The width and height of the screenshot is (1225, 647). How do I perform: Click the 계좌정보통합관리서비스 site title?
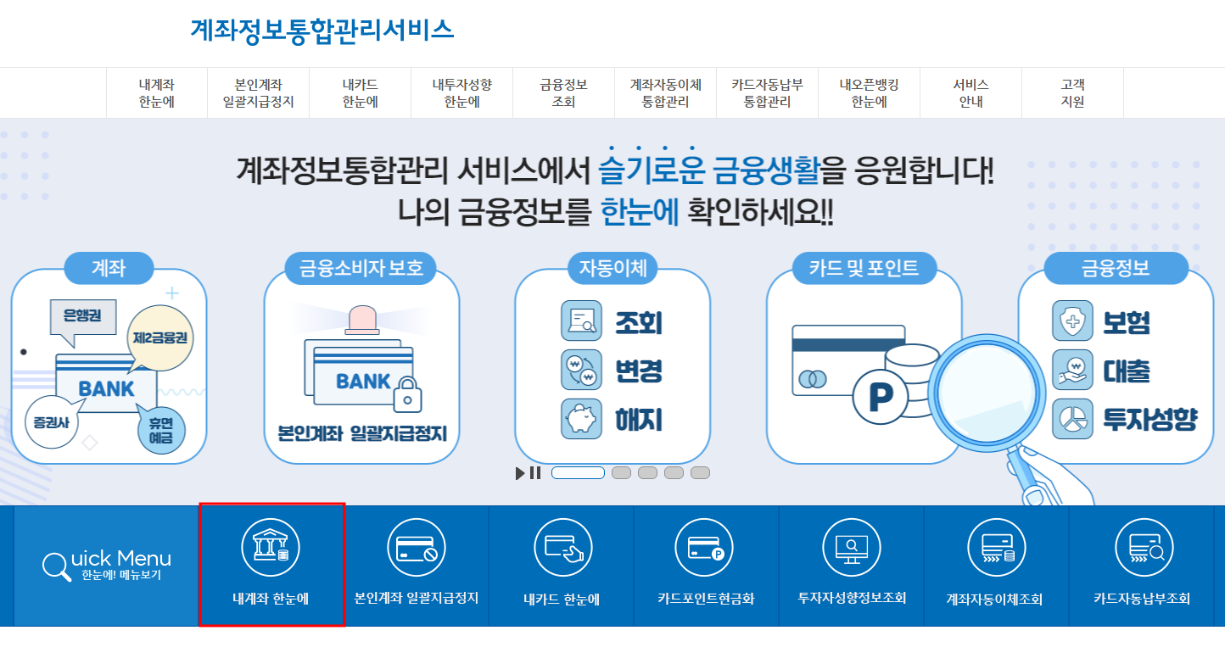(322, 30)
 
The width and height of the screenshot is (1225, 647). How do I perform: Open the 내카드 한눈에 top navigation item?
(360, 93)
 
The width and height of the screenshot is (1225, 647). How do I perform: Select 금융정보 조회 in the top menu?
(563, 93)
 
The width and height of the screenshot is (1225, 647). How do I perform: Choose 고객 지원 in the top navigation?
(1072, 93)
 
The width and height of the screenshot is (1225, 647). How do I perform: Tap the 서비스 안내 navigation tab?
(970, 93)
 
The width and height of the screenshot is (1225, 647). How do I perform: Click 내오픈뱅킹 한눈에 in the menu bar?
(869, 93)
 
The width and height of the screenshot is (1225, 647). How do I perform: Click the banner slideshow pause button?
(535, 473)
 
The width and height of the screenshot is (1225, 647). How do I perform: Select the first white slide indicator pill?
(578, 473)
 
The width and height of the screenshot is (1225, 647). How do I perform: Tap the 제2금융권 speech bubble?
(160, 337)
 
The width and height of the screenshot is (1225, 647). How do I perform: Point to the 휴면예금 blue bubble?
(160, 430)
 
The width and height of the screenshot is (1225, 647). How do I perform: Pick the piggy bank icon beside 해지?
(581, 419)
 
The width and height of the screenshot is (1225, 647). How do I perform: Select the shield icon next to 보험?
(1072, 321)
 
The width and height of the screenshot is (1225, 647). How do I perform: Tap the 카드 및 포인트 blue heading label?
(864, 269)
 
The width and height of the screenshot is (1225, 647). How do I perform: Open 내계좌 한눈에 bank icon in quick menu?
(271, 547)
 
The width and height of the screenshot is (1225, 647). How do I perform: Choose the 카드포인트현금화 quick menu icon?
(705, 547)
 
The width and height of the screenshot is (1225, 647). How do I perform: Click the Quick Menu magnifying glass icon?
(56, 566)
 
